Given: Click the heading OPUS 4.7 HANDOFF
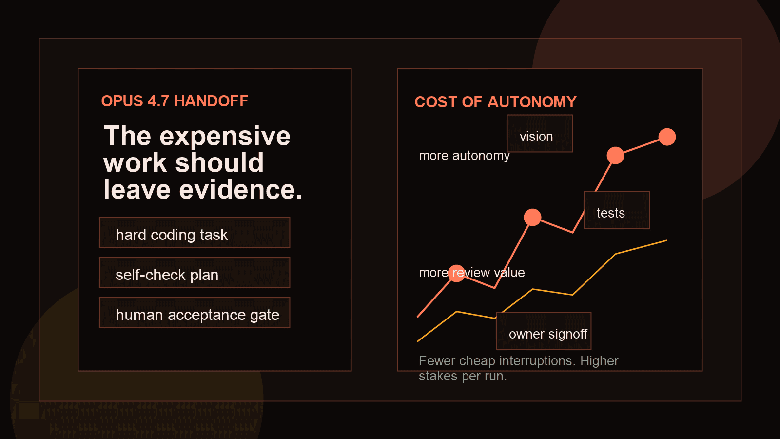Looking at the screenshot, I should (x=175, y=101).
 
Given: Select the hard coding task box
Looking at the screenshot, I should (x=195, y=233).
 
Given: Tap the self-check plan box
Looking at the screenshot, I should (x=195, y=273).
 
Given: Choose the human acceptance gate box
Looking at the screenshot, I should (x=195, y=313).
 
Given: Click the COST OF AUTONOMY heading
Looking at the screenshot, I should (x=495, y=102).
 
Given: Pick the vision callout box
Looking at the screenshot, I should (x=540, y=134).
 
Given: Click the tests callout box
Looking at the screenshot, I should (x=617, y=210).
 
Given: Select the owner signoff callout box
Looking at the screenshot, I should (x=544, y=331).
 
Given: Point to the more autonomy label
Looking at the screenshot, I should (x=464, y=156).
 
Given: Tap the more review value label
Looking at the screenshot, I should (x=471, y=273).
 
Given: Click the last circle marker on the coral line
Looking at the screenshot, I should (x=667, y=137).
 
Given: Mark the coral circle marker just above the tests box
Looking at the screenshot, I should (x=615, y=156).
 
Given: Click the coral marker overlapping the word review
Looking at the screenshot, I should (x=457, y=273).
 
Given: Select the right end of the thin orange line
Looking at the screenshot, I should (x=666, y=240).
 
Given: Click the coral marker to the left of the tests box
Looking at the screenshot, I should (x=532, y=217).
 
